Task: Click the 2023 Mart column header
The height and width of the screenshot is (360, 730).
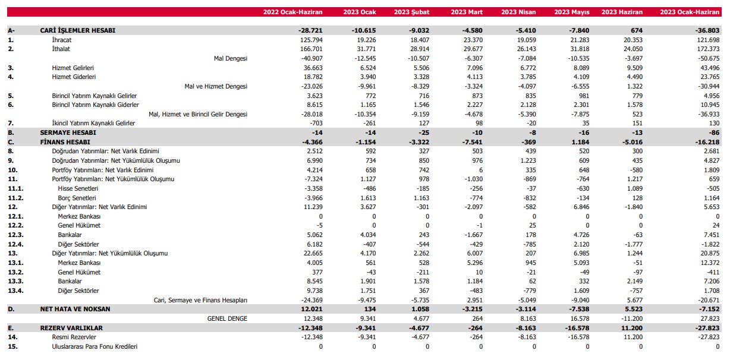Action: pyautogui.click(x=466, y=12)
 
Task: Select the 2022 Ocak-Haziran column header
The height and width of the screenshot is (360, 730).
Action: pyautogui.click(x=292, y=12)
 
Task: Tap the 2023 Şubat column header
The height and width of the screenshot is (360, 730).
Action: pyautogui.click(x=411, y=12)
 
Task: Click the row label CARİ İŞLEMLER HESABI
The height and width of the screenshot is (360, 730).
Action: pyautogui.click(x=77, y=30)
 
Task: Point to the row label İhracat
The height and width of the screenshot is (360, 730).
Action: pyautogui.click(x=62, y=40)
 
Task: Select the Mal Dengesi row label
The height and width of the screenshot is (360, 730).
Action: pyautogui.click(x=231, y=58)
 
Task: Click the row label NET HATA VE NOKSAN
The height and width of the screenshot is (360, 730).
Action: pyautogui.click(x=75, y=309)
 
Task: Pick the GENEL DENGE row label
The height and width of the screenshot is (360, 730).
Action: pyautogui.click(x=227, y=318)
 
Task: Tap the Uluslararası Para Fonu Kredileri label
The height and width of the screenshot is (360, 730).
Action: pyautogui.click(x=95, y=346)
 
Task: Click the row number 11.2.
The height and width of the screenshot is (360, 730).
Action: pyautogui.click(x=15, y=198)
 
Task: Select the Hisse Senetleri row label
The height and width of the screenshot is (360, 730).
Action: pyautogui.click(x=78, y=188)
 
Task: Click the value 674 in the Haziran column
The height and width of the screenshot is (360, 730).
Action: pyautogui.click(x=637, y=30)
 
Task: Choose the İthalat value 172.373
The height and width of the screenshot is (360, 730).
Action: pyautogui.click(x=708, y=49)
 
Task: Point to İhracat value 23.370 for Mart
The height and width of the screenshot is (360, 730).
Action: pyautogui.click(x=472, y=40)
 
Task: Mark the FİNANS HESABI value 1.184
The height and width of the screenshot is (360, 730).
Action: pyautogui.click(x=580, y=142)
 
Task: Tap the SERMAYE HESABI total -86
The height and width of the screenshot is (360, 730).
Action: pyautogui.click(x=714, y=132)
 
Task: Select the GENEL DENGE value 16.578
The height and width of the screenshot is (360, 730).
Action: pyautogui.click(x=578, y=318)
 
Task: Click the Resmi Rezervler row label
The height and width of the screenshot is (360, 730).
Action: pyautogui.click(x=74, y=337)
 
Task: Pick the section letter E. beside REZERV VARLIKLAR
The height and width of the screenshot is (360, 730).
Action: pyautogui.click(x=11, y=328)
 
